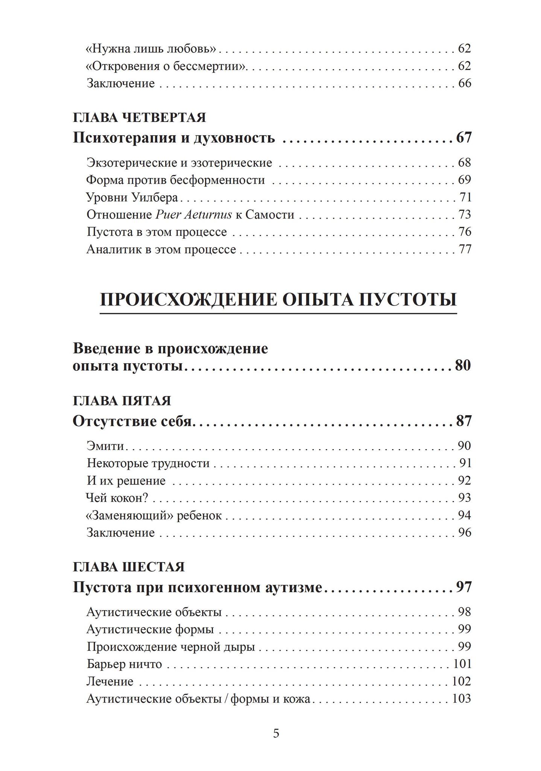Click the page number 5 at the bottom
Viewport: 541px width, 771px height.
276,733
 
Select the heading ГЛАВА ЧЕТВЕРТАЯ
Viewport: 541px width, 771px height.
139,118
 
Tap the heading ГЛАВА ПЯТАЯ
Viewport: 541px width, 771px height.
122,401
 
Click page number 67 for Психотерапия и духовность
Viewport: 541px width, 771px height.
463,138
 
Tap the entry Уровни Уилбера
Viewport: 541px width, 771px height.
132,197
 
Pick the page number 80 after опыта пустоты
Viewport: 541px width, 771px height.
463,366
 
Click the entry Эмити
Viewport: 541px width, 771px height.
105,446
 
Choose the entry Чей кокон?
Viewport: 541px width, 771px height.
117,498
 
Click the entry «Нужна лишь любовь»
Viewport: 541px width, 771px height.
151,49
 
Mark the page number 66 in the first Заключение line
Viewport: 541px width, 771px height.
464,83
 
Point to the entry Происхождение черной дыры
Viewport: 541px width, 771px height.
171,647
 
